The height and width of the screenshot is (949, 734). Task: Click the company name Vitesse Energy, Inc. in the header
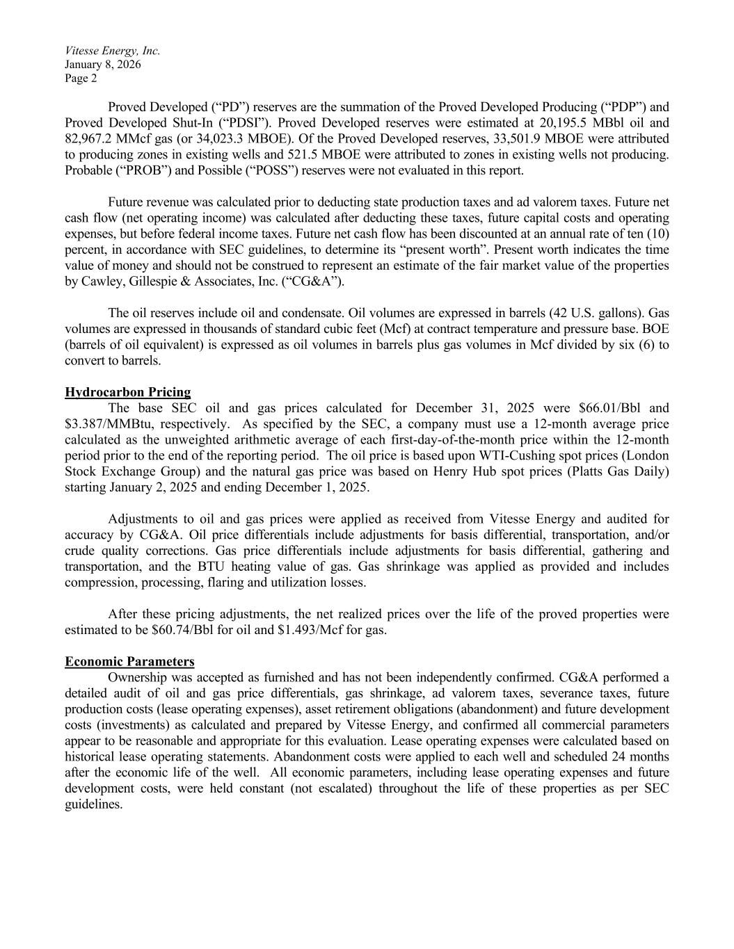coord(112,51)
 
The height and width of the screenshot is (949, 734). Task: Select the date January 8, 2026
coord(103,65)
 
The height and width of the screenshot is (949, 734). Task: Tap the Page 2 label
coord(81,79)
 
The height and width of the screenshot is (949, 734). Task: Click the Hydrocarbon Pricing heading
coord(127,393)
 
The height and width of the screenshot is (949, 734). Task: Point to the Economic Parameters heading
coord(129,661)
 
